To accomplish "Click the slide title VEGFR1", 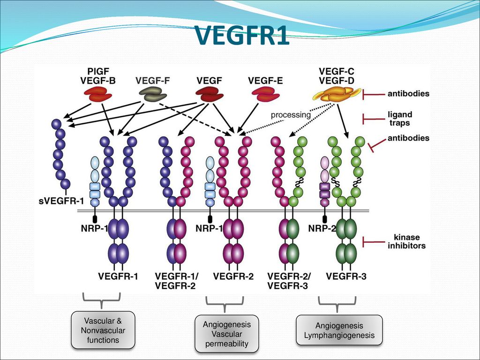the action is pyautogui.click(x=242, y=35).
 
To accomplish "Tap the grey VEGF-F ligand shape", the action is pyautogui.click(x=153, y=94).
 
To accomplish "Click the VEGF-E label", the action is pyautogui.click(x=265, y=81).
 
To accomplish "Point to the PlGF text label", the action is pyautogui.click(x=98, y=72).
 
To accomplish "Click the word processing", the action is pyautogui.click(x=291, y=115).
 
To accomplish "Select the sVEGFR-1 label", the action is pyautogui.click(x=61, y=202).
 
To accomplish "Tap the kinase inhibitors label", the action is pyautogui.click(x=406, y=241).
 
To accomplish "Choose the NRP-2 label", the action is pyautogui.click(x=322, y=228).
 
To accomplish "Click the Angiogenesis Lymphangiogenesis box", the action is pyautogui.click(x=339, y=330).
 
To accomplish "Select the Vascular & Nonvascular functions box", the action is pyautogui.click(x=103, y=330).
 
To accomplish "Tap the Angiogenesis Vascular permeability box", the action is pyautogui.click(x=226, y=334).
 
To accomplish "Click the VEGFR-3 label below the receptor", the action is pyautogui.click(x=346, y=277).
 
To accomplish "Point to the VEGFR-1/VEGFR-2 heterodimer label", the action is pyautogui.click(x=177, y=281).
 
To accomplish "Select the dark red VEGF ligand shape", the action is pyautogui.click(x=210, y=94).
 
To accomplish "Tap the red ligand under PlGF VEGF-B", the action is pyautogui.click(x=98, y=94).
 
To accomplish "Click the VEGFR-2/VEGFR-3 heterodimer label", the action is pyautogui.click(x=289, y=281).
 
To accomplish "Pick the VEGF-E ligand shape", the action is pyautogui.click(x=265, y=94).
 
